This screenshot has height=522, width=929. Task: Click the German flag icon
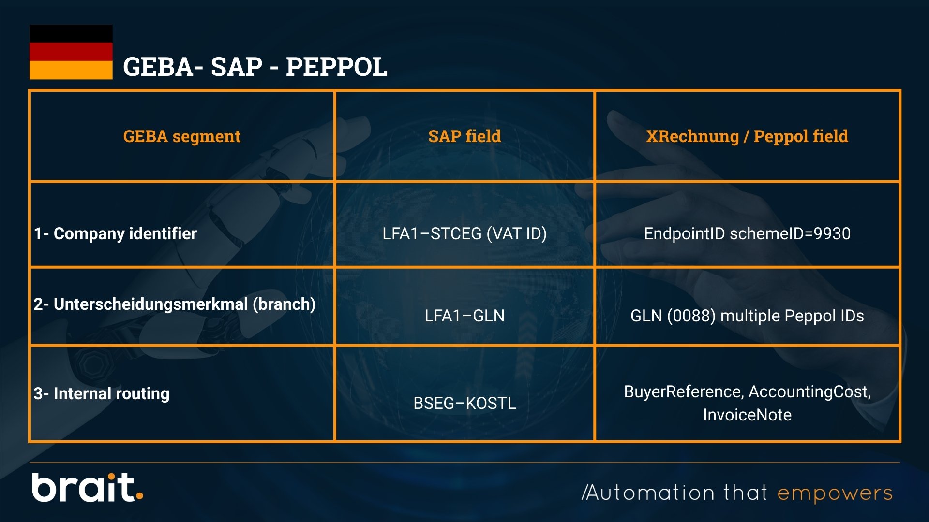(x=71, y=52)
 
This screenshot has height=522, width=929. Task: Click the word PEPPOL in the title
(x=336, y=67)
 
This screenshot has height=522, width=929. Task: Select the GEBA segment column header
(x=182, y=136)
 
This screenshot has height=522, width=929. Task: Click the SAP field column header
(x=464, y=136)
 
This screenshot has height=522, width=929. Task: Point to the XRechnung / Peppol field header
(x=747, y=136)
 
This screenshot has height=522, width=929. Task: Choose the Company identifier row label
(x=116, y=233)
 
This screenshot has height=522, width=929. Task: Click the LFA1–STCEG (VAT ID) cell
(x=464, y=233)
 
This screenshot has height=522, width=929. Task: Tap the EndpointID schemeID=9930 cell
(x=747, y=233)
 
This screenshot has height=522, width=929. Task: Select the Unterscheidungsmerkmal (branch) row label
(x=175, y=304)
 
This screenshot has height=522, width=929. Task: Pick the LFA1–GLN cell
(x=464, y=316)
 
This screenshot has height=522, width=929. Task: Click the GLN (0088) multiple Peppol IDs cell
(x=747, y=316)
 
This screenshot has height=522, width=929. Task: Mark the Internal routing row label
(x=102, y=393)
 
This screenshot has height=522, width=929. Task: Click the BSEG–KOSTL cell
(x=464, y=403)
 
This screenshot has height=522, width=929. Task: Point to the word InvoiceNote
(x=747, y=415)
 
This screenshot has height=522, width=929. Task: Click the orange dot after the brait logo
(x=139, y=495)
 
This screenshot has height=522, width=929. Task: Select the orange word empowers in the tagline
(x=835, y=493)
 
